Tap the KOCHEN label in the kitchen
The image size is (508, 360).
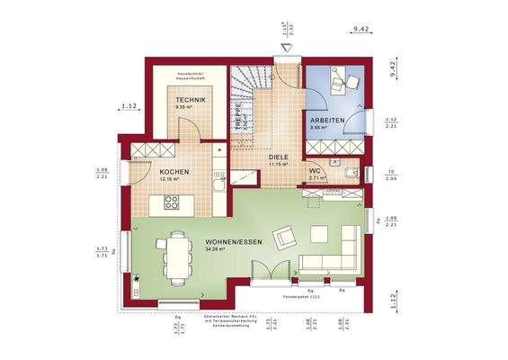(174, 171)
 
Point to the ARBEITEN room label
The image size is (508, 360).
(325, 120)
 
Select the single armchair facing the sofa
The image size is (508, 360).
(284, 236)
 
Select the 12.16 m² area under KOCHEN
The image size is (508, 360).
(170, 179)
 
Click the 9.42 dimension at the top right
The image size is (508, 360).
(362, 30)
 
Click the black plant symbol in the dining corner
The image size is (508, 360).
(137, 279)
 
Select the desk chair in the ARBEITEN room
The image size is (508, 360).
(334, 83)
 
